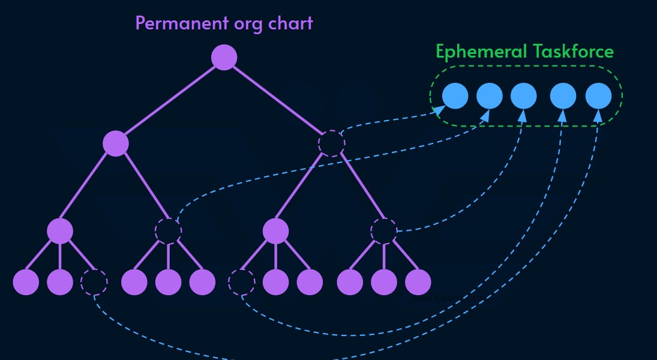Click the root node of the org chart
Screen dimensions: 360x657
tap(224, 58)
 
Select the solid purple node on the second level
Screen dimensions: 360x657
tap(116, 143)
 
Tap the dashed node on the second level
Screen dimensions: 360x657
tap(332, 143)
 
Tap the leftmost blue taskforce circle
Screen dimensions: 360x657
tap(455, 96)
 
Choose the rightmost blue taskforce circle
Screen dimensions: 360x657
tap(598, 96)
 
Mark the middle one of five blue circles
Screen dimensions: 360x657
tap(524, 96)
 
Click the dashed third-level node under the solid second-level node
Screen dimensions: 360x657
tap(168, 231)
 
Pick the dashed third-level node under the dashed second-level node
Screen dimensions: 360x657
tap(384, 231)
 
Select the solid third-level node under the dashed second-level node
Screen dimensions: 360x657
tap(276, 231)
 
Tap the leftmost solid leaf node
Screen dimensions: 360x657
tap(26, 282)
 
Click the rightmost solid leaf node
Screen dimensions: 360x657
tap(418, 282)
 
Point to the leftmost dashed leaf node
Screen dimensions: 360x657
tap(94, 282)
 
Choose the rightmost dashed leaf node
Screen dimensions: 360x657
tap(242, 282)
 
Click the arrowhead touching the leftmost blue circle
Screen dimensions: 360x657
tap(440, 109)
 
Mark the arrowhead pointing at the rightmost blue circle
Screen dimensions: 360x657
tap(598, 115)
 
